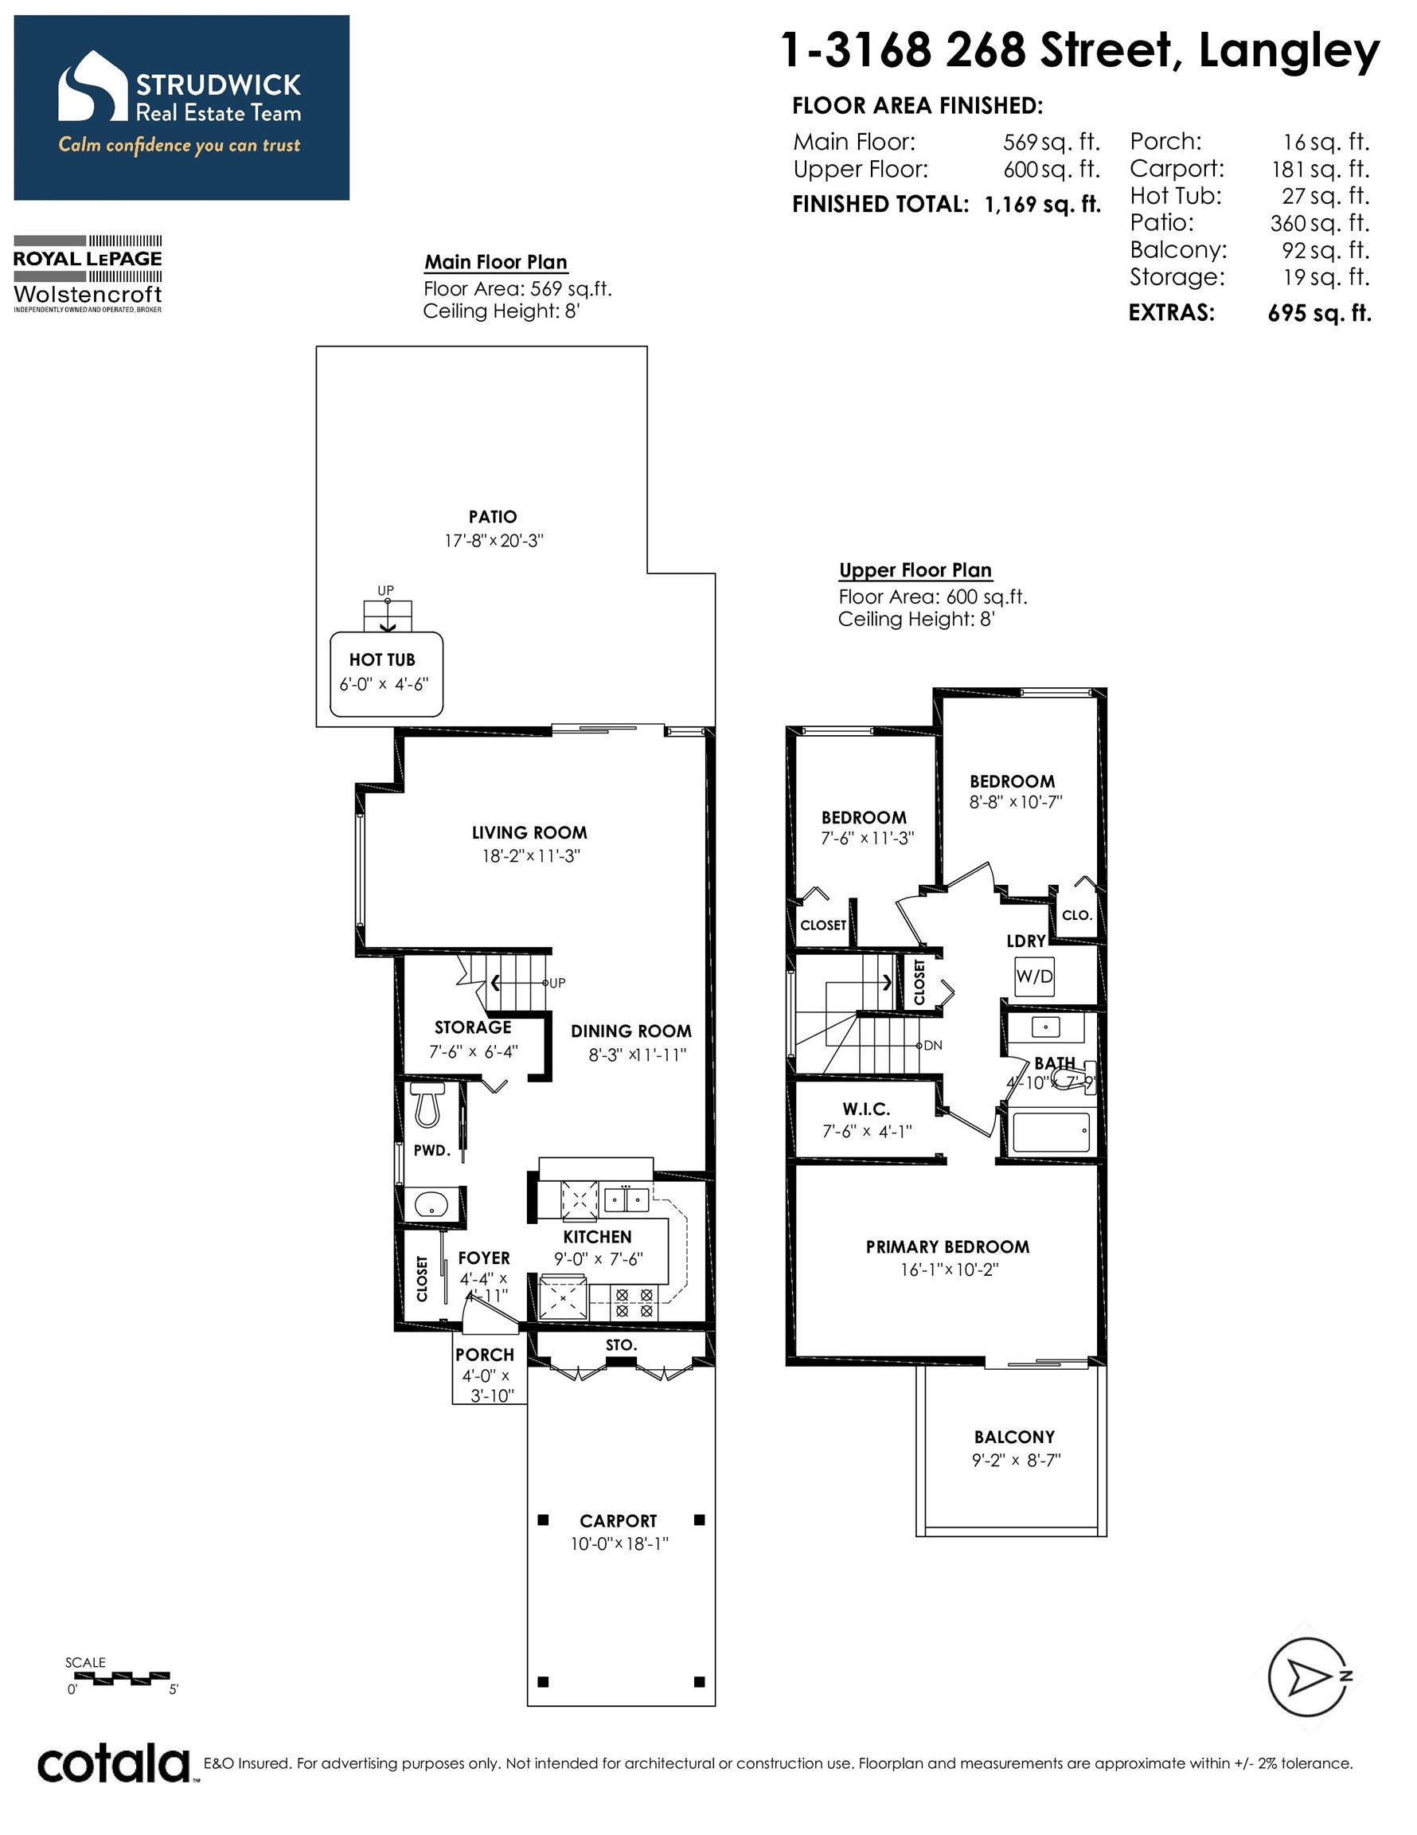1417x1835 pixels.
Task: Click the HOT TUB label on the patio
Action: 382,659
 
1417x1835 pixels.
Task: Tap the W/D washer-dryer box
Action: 1034,976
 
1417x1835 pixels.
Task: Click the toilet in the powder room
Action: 427,1104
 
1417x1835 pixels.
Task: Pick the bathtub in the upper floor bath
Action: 1051,1132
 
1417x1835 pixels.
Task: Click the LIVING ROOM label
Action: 529,832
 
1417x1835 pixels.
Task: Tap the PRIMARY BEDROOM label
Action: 947,1247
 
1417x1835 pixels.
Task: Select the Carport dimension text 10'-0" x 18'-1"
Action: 620,1544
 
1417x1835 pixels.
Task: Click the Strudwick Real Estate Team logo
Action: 182,108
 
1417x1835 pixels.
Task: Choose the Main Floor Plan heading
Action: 496,262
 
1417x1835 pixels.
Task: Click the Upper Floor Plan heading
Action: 915,570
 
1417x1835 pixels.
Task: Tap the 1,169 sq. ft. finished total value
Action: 1042,204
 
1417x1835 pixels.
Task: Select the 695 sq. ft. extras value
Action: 1320,313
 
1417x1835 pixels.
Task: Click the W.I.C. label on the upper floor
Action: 866,1109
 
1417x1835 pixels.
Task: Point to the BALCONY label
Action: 1015,1437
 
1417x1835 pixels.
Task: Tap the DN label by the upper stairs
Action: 933,1046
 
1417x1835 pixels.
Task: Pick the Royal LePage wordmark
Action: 88,259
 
